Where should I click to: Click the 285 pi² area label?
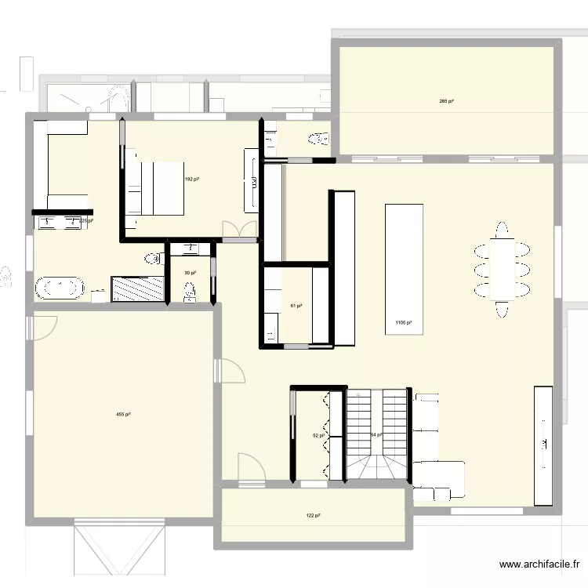447,101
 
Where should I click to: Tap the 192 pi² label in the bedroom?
191,179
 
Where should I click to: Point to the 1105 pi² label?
404,322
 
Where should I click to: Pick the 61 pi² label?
296,306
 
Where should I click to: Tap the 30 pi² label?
190,273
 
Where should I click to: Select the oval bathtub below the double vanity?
59,288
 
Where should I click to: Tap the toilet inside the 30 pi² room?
190,292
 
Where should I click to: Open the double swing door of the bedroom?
239,231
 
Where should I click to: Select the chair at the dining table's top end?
502,230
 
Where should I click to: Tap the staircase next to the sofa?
378,435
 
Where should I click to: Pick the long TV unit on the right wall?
543,445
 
